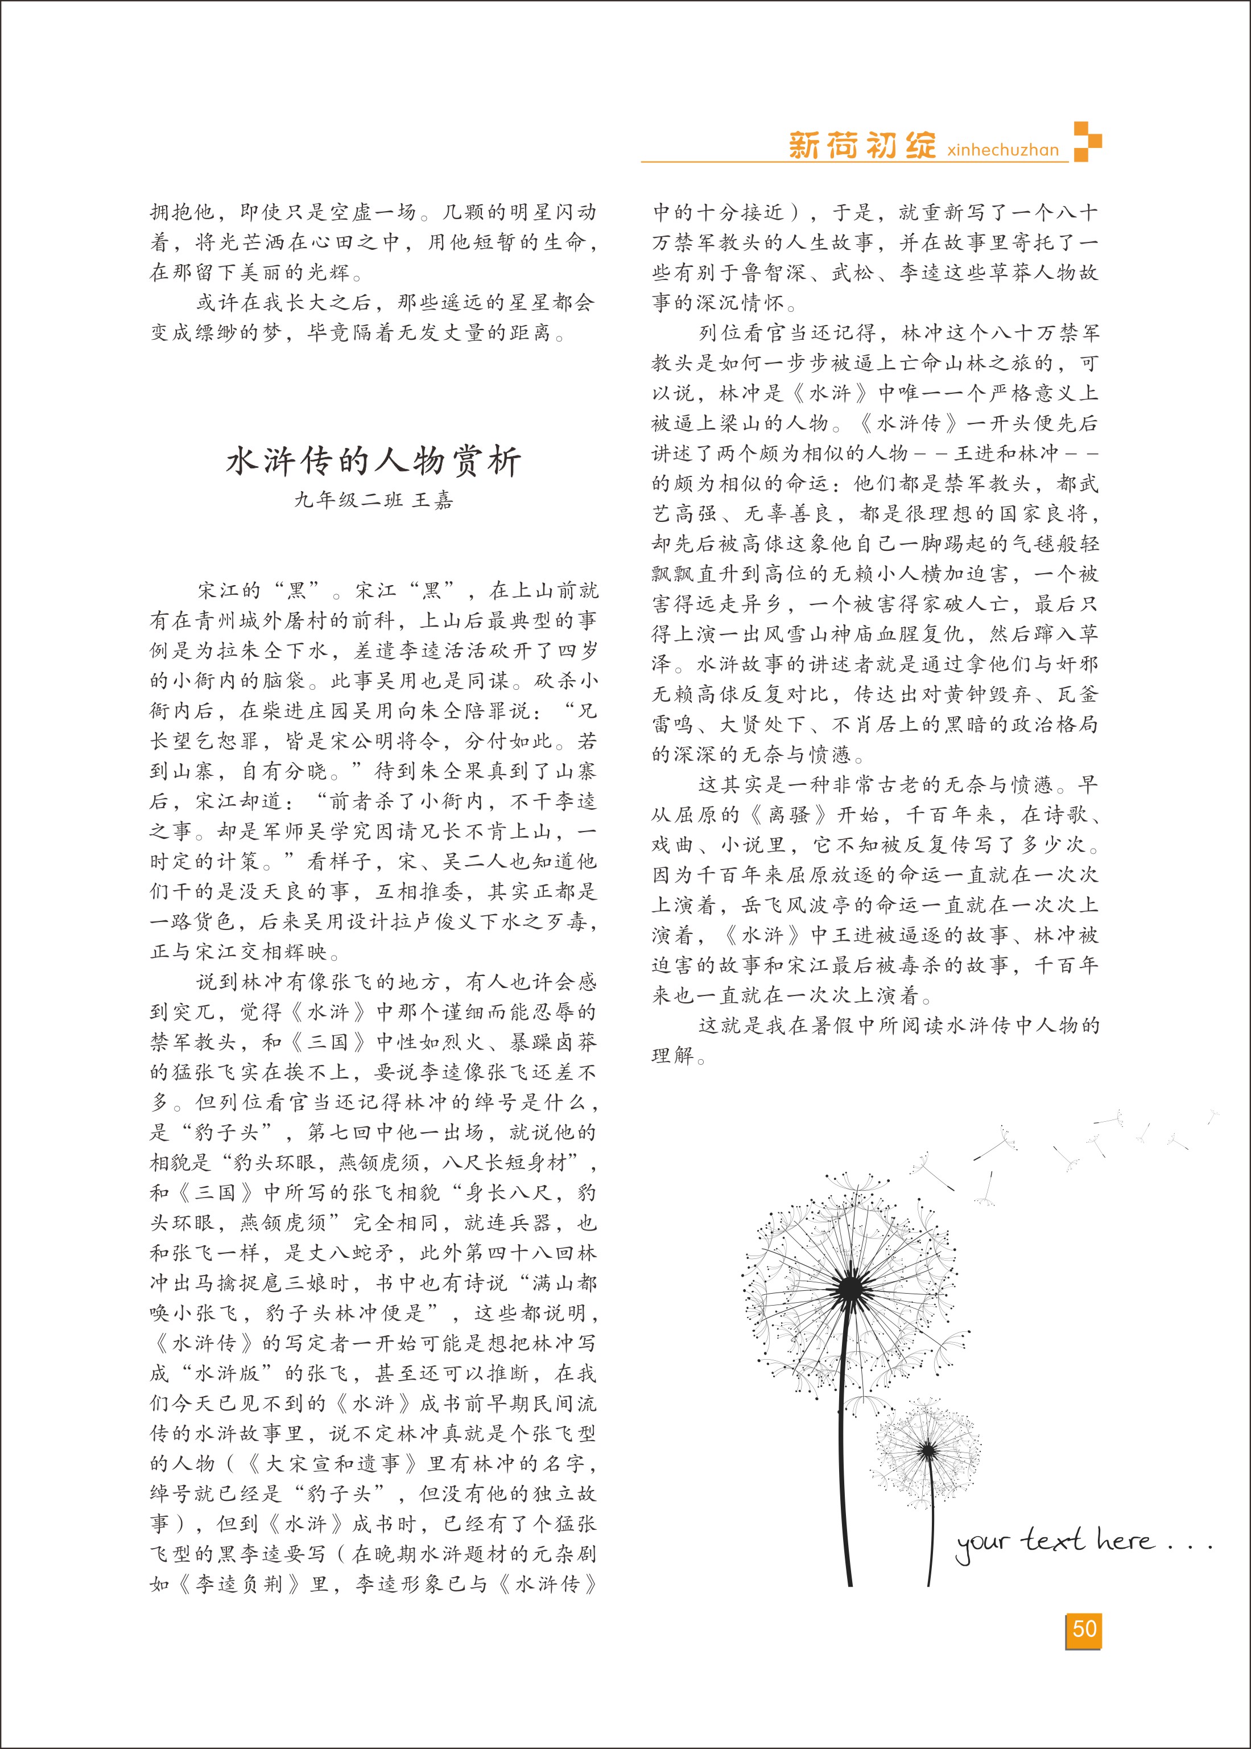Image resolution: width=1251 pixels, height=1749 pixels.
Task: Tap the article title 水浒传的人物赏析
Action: [374, 462]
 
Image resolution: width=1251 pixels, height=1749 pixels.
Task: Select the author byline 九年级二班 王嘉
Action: [374, 501]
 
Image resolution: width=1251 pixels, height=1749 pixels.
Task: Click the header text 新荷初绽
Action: [862, 145]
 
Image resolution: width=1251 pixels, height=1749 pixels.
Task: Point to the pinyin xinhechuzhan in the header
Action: [1003, 150]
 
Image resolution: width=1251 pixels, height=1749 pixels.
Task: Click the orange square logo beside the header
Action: [1087, 141]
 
